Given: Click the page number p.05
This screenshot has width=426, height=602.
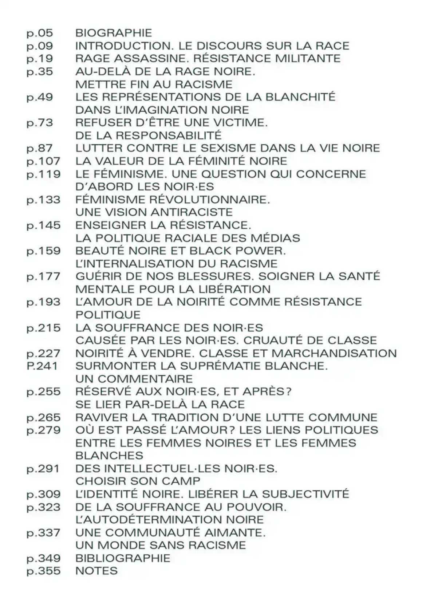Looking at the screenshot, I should [40, 33].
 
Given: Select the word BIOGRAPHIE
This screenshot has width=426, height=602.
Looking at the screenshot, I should [114, 33].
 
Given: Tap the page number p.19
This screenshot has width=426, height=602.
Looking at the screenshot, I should [40, 59].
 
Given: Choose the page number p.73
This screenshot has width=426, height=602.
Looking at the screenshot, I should [40, 123].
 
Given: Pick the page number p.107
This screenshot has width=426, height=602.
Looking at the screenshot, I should [43, 161].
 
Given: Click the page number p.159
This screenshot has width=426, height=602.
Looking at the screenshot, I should [43, 251].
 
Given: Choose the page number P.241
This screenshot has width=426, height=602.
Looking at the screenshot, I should [42, 366].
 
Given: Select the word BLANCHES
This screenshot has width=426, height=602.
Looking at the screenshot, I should [109, 456].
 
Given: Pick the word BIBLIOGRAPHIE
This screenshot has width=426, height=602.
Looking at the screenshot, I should [123, 558].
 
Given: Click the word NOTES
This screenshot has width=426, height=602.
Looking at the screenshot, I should [96, 571].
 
